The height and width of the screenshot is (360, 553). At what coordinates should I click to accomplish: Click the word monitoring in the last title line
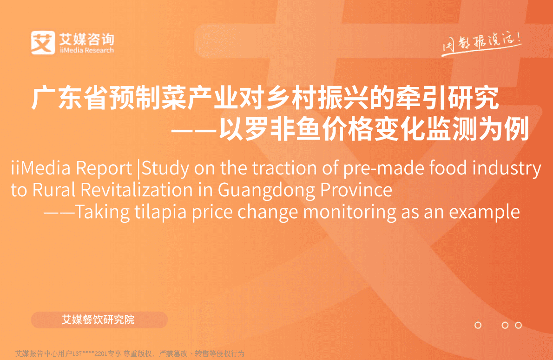pos(349,213)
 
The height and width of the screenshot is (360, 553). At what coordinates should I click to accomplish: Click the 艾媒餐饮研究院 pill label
pos(99,320)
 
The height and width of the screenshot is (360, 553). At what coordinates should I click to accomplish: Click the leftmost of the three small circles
pos(478,325)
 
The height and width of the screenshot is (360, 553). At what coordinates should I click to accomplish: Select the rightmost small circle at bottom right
pos(519,325)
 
